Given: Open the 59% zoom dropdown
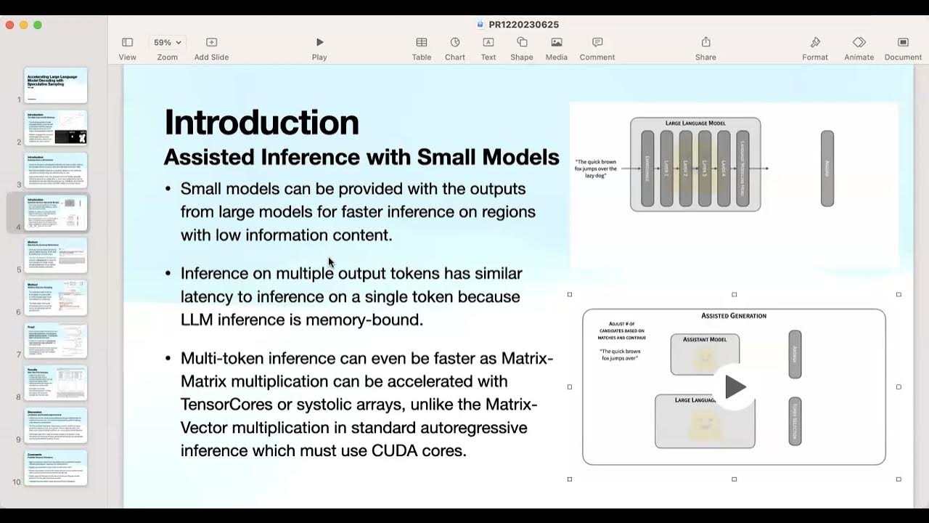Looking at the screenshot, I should (x=168, y=43).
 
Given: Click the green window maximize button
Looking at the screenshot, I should (x=38, y=25).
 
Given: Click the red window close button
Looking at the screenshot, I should (x=9, y=25).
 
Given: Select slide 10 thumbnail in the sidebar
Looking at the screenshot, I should (x=56, y=468).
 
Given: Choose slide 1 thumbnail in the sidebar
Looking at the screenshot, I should (x=56, y=86).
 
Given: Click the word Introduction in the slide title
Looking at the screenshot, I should (x=261, y=122).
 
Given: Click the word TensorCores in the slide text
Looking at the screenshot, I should (x=226, y=404).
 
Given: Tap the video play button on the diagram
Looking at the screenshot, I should (x=734, y=387).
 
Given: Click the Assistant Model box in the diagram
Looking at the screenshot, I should (x=705, y=354).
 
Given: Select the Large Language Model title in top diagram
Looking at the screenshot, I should (x=695, y=123).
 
